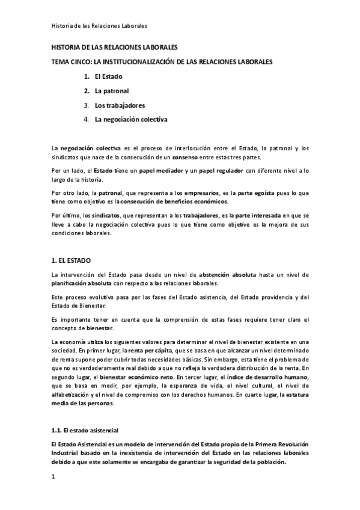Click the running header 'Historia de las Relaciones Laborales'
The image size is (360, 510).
click(99, 26)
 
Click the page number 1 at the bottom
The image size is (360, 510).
click(53, 477)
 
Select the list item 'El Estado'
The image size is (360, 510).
click(109, 77)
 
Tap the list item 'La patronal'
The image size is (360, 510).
click(112, 91)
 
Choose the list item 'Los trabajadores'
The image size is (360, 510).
click(120, 105)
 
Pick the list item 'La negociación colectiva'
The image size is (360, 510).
click(131, 119)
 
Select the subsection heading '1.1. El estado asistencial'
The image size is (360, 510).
click(85, 430)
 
